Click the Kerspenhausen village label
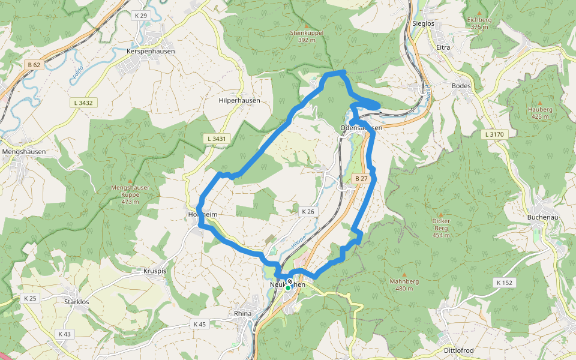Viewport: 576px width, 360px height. click(x=151, y=52)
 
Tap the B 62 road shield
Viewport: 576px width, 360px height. click(x=34, y=64)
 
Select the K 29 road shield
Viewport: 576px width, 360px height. click(x=141, y=15)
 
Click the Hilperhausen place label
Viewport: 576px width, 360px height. click(x=239, y=100)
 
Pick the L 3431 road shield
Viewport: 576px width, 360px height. click(x=216, y=139)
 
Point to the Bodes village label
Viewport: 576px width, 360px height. click(x=460, y=86)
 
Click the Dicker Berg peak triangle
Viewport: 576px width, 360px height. click(x=440, y=214)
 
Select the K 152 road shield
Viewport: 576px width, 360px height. click(x=504, y=282)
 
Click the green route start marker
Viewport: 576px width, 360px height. click(x=287, y=289)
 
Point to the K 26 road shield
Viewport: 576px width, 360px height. click(x=308, y=211)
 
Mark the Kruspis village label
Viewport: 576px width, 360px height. click(x=154, y=271)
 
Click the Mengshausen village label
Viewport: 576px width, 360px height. click(x=24, y=152)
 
